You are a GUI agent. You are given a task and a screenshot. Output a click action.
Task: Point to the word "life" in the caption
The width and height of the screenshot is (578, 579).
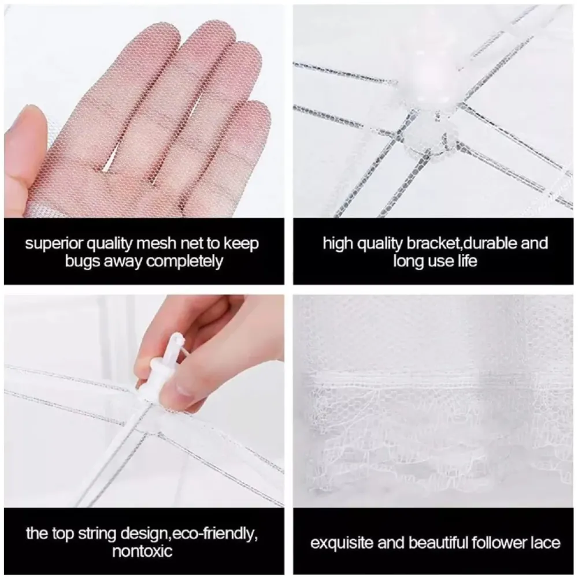coord(464,262)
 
